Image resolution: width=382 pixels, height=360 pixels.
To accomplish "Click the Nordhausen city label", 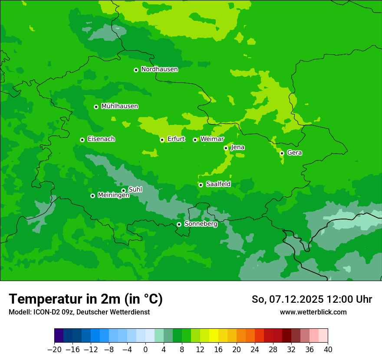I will pos(159,69).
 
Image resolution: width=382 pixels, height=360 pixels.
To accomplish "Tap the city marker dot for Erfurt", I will pos(162,140).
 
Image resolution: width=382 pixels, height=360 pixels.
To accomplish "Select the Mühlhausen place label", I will pos(119,106).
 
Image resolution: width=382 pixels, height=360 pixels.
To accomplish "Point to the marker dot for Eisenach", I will pos(82,140).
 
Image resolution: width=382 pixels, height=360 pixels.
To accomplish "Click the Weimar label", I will pos(212,139).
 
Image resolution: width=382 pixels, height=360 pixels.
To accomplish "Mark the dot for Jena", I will pos(226,148).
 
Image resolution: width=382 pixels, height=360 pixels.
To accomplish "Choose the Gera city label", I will pos(294,153).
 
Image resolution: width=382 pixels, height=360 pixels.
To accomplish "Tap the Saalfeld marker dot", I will pos(201,185).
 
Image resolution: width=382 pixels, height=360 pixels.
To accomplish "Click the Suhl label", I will pos(135,190).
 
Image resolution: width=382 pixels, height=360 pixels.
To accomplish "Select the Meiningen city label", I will pos(113,196).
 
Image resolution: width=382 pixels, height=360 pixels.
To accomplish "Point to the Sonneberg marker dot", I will pos(179,224).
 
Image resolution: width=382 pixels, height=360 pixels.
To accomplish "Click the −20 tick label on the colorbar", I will pos(54,350).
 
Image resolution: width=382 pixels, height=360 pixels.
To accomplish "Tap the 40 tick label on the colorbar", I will pos(328,350).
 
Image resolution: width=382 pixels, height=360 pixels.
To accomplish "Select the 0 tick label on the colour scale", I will pos(145,350).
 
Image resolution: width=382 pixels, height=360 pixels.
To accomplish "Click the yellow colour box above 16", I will pos(214,336).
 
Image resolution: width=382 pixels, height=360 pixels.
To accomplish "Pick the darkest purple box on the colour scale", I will pos(59,336).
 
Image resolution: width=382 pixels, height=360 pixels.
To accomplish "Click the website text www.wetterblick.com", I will pos(313,312).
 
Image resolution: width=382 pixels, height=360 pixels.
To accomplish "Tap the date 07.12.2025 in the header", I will pos(296,299).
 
